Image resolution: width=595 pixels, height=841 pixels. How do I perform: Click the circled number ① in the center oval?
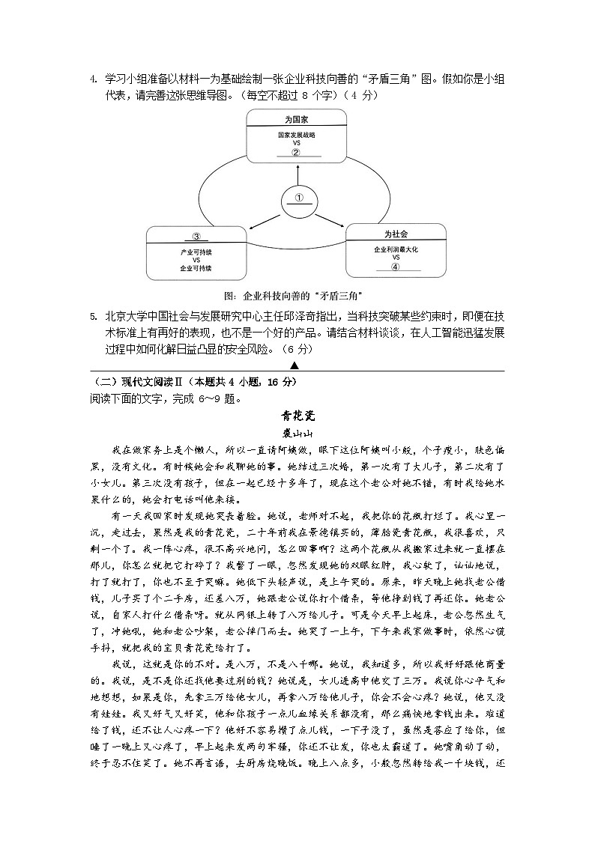click(x=298, y=198)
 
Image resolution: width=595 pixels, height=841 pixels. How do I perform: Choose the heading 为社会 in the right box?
click(x=396, y=234)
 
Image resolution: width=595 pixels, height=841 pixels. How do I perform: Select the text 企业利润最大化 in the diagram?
click(x=396, y=249)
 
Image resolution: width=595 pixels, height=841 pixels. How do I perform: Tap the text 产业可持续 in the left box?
click(x=196, y=252)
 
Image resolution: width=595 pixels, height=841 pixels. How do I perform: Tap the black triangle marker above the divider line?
click(x=295, y=365)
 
